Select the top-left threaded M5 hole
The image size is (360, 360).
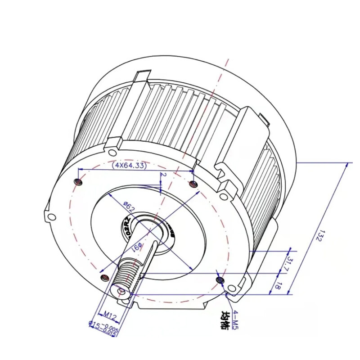78,182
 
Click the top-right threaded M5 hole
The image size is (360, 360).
193,184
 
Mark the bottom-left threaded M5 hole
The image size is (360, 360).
104,277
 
